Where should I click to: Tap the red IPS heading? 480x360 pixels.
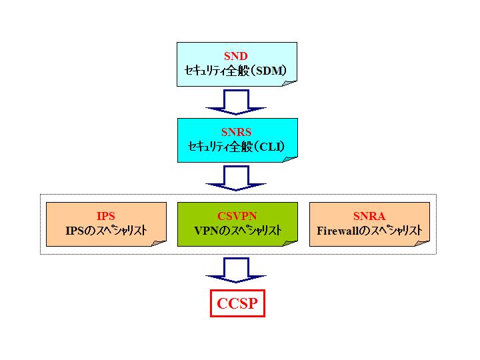pyautogui.click(x=105, y=216)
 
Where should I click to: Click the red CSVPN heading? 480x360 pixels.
pyautogui.click(x=237, y=216)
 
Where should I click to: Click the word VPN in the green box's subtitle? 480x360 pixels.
pyautogui.click(x=205, y=231)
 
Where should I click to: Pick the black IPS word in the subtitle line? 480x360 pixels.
pyautogui.click(x=73, y=231)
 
